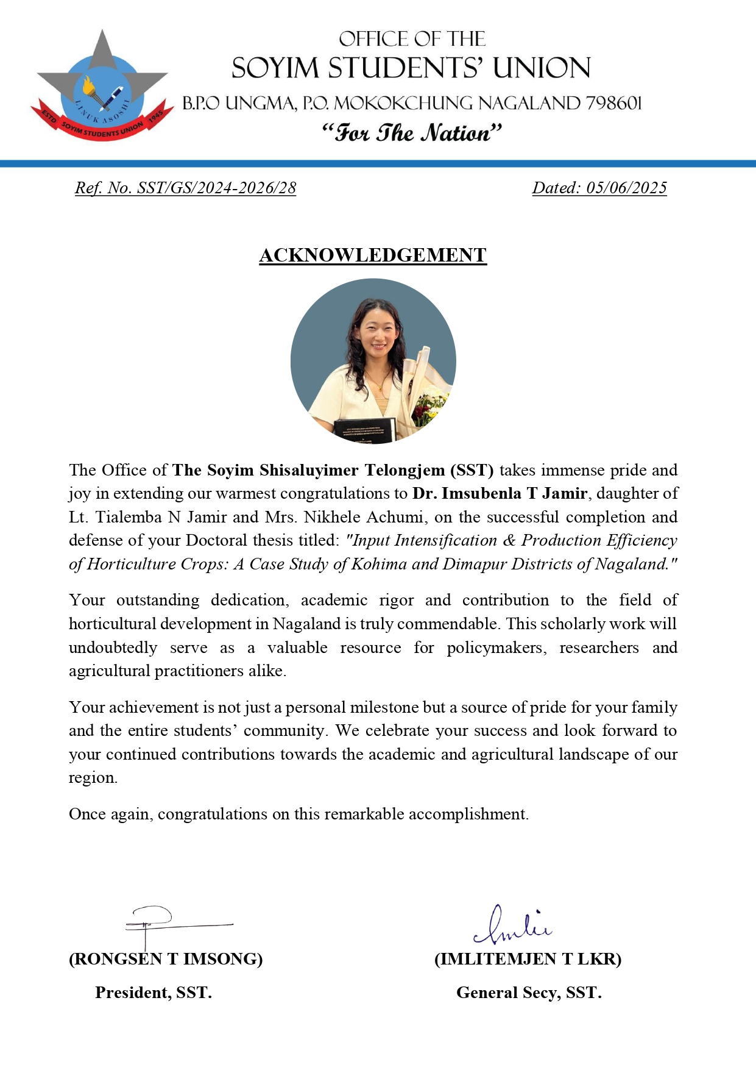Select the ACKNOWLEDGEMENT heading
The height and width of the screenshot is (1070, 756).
tap(373, 255)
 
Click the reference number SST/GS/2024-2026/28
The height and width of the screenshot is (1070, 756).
tap(217, 188)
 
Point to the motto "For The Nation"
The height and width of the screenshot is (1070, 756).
tap(412, 133)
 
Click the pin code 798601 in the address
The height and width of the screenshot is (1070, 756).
tap(613, 103)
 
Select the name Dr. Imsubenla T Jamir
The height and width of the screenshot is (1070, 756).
tap(500, 493)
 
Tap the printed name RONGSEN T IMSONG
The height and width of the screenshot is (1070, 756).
tap(166, 959)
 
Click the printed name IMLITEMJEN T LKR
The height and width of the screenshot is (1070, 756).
tap(528, 959)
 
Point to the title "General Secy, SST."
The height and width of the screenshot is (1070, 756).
tap(529, 993)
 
